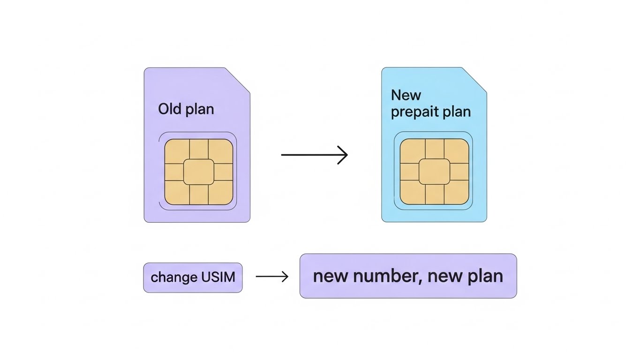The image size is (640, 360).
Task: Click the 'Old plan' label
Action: click(x=186, y=109)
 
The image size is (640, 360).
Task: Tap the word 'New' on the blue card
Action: click(x=406, y=95)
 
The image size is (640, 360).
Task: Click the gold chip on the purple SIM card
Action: click(x=199, y=172)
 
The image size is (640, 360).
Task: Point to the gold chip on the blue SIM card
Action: click(x=434, y=172)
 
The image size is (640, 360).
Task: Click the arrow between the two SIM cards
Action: click(x=314, y=155)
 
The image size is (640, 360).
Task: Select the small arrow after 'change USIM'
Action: click(x=272, y=277)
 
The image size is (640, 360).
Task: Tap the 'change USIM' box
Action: click(x=193, y=277)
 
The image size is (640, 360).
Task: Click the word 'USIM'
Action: click(x=218, y=277)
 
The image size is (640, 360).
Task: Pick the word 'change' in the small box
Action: click(x=174, y=277)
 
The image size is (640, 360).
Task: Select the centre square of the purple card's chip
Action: click(x=199, y=172)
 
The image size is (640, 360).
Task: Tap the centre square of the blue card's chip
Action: click(x=434, y=172)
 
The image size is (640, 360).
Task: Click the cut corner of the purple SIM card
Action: click(x=239, y=79)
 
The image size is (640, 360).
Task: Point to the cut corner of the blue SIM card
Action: click(x=475, y=79)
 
